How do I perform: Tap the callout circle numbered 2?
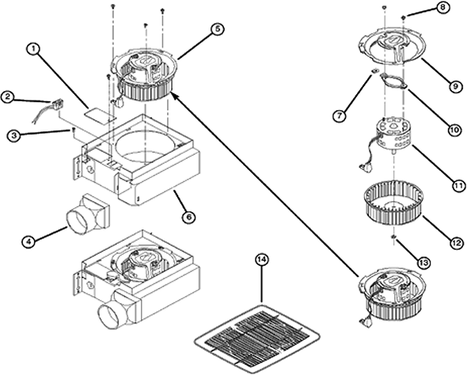tap(7, 97)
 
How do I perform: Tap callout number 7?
tap(340, 116)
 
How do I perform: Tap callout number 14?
tap(264, 259)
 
